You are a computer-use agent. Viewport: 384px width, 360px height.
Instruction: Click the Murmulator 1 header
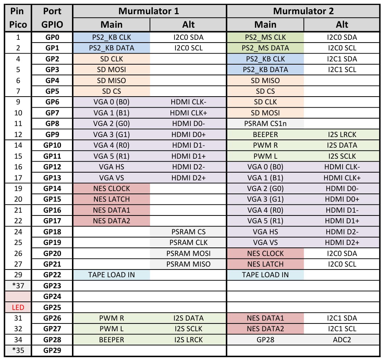click(149, 11)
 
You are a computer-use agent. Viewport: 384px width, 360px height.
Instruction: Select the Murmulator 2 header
click(303, 11)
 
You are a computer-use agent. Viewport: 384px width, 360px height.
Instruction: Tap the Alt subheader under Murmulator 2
click(342, 24)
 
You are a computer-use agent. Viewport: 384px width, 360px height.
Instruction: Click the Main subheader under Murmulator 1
click(111, 24)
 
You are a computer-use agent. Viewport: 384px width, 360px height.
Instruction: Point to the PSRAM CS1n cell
click(265, 124)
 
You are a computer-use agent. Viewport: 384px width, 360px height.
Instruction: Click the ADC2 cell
click(342, 340)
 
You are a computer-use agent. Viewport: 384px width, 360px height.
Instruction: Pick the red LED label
click(18, 307)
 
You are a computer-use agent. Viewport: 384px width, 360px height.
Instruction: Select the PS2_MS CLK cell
click(265, 37)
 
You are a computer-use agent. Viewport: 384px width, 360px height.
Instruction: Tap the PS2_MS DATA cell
click(265, 48)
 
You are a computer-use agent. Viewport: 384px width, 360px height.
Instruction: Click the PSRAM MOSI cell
click(188, 253)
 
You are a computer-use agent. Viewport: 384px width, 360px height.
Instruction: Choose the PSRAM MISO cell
click(188, 264)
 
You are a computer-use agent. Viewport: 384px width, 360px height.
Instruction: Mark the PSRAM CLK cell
click(188, 242)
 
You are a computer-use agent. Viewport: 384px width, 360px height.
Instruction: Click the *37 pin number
click(18, 285)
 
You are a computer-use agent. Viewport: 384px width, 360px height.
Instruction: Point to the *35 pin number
click(18, 350)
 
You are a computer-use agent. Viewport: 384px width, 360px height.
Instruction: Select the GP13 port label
click(52, 178)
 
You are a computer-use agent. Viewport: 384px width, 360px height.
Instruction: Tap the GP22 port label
click(52, 275)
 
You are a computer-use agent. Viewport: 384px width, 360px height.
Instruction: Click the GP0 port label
click(52, 37)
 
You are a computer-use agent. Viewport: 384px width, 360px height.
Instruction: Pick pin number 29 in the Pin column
click(18, 275)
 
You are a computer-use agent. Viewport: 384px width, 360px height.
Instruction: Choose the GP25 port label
click(52, 307)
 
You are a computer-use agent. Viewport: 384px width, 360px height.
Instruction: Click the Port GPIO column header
click(52, 18)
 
